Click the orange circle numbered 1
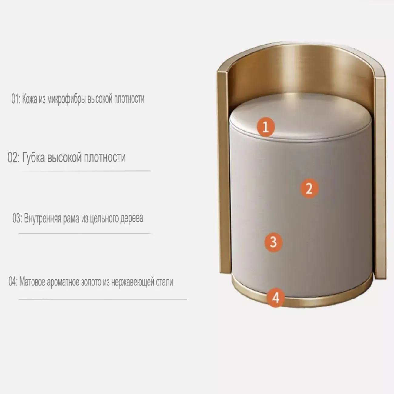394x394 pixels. (x=265, y=127)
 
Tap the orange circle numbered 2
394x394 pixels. (x=309, y=188)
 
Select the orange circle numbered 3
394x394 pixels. (x=273, y=242)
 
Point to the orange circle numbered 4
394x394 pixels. (x=275, y=298)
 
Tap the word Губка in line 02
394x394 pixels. (x=33, y=157)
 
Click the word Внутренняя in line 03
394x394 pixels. (x=42, y=218)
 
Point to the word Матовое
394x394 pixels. (x=32, y=282)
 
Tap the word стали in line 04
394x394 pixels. (x=165, y=282)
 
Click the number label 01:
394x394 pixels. (x=16, y=99)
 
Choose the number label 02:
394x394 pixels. (x=14, y=157)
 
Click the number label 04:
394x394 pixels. (x=13, y=282)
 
